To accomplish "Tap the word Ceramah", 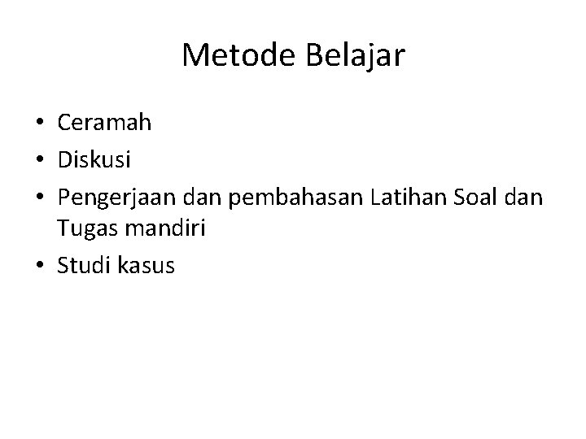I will (x=104, y=123).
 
